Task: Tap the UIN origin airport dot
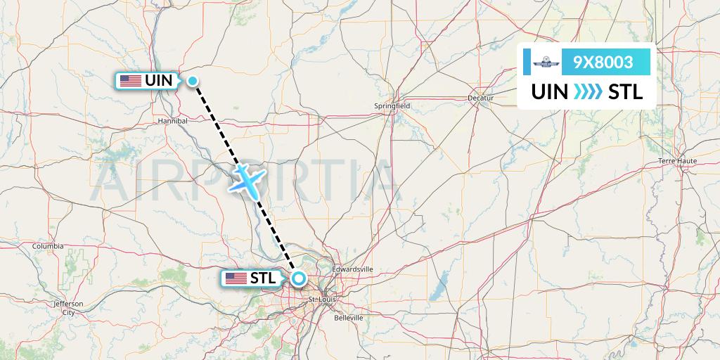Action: coord(193,81)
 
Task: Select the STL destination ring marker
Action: coord(298,278)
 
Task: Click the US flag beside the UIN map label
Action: coord(130,81)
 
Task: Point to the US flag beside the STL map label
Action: coord(236,278)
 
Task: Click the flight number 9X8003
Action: coord(603,63)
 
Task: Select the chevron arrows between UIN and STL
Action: coord(587,92)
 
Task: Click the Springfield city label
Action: coord(392,106)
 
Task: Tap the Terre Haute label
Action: coord(676,161)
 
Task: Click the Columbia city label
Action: coord(48,246)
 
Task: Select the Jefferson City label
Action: coord(68,307)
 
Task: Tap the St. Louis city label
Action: coord(323,300)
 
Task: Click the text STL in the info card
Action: coord(625,92)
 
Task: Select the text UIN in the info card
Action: coord(550,92)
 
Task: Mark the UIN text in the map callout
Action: coord(158,81)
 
